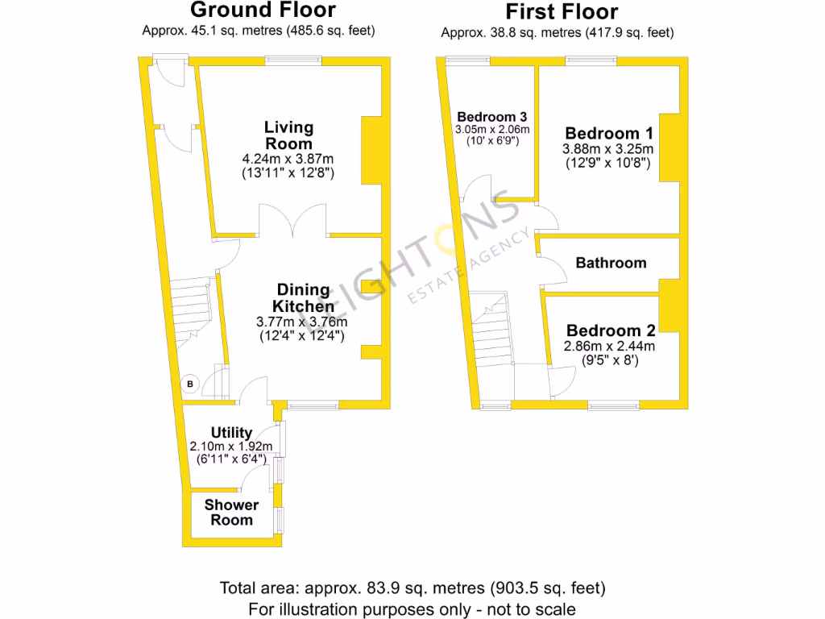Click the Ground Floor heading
(x=263, y=10)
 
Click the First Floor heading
(x=561, y=12)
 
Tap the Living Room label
(x=289, y=135)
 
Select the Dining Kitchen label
(x=303, y=298)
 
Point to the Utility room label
(x=232, y=433)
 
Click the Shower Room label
(x=232, y=513)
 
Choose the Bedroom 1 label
(x=609, y=133)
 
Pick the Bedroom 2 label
(x=611, y=330)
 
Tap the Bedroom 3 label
(x=491, y=116)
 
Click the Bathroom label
(x=611, y=263)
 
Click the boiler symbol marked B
(x=190, y=384)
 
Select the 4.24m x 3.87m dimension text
(x=288, y=159)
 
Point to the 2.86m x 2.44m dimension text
(x=610, y=347)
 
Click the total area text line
(x=412, y=588)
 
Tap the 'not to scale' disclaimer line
(x=412, y=609)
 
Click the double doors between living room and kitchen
(x=292, y=221)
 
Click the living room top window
(x=294, y=60)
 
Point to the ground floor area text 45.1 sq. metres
(x=258, y=31)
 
